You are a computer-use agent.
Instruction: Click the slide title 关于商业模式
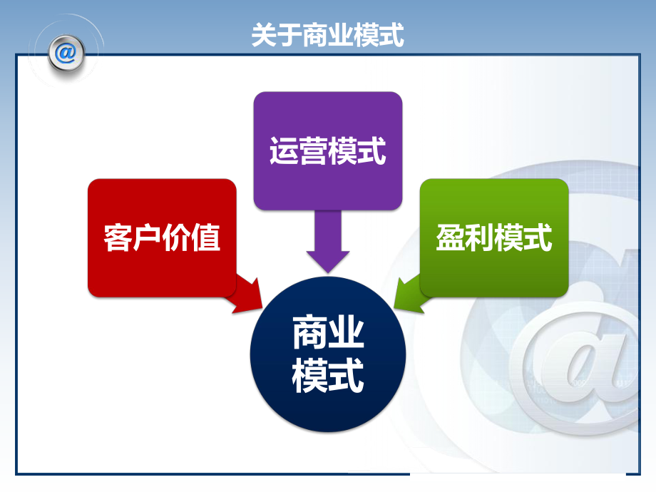coord(327,34)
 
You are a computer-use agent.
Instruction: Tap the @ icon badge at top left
coord(67,53)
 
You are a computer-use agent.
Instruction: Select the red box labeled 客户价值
coord(162,237)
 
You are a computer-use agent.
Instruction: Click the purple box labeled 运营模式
coord(327,150)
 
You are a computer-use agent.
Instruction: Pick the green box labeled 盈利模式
coord(494,237)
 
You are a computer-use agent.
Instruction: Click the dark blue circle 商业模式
coord(328,354)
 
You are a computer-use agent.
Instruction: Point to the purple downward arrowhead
coord(328,260)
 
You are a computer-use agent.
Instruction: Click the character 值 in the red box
coord(206,237)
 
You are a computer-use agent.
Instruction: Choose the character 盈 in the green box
coord(450,237)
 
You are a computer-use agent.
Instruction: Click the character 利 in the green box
coord(479,237)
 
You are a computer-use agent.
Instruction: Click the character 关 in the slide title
coord(264,34)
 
